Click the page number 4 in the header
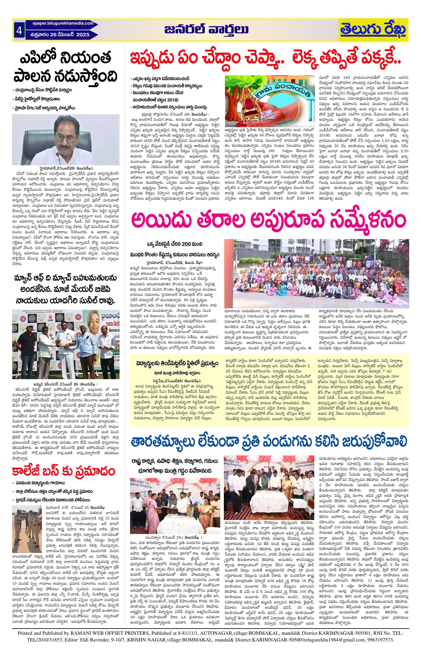pyautogui.click(x=19, y=31)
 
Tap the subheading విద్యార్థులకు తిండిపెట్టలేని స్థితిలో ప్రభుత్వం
pyautogui.click(x=177, y=363)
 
